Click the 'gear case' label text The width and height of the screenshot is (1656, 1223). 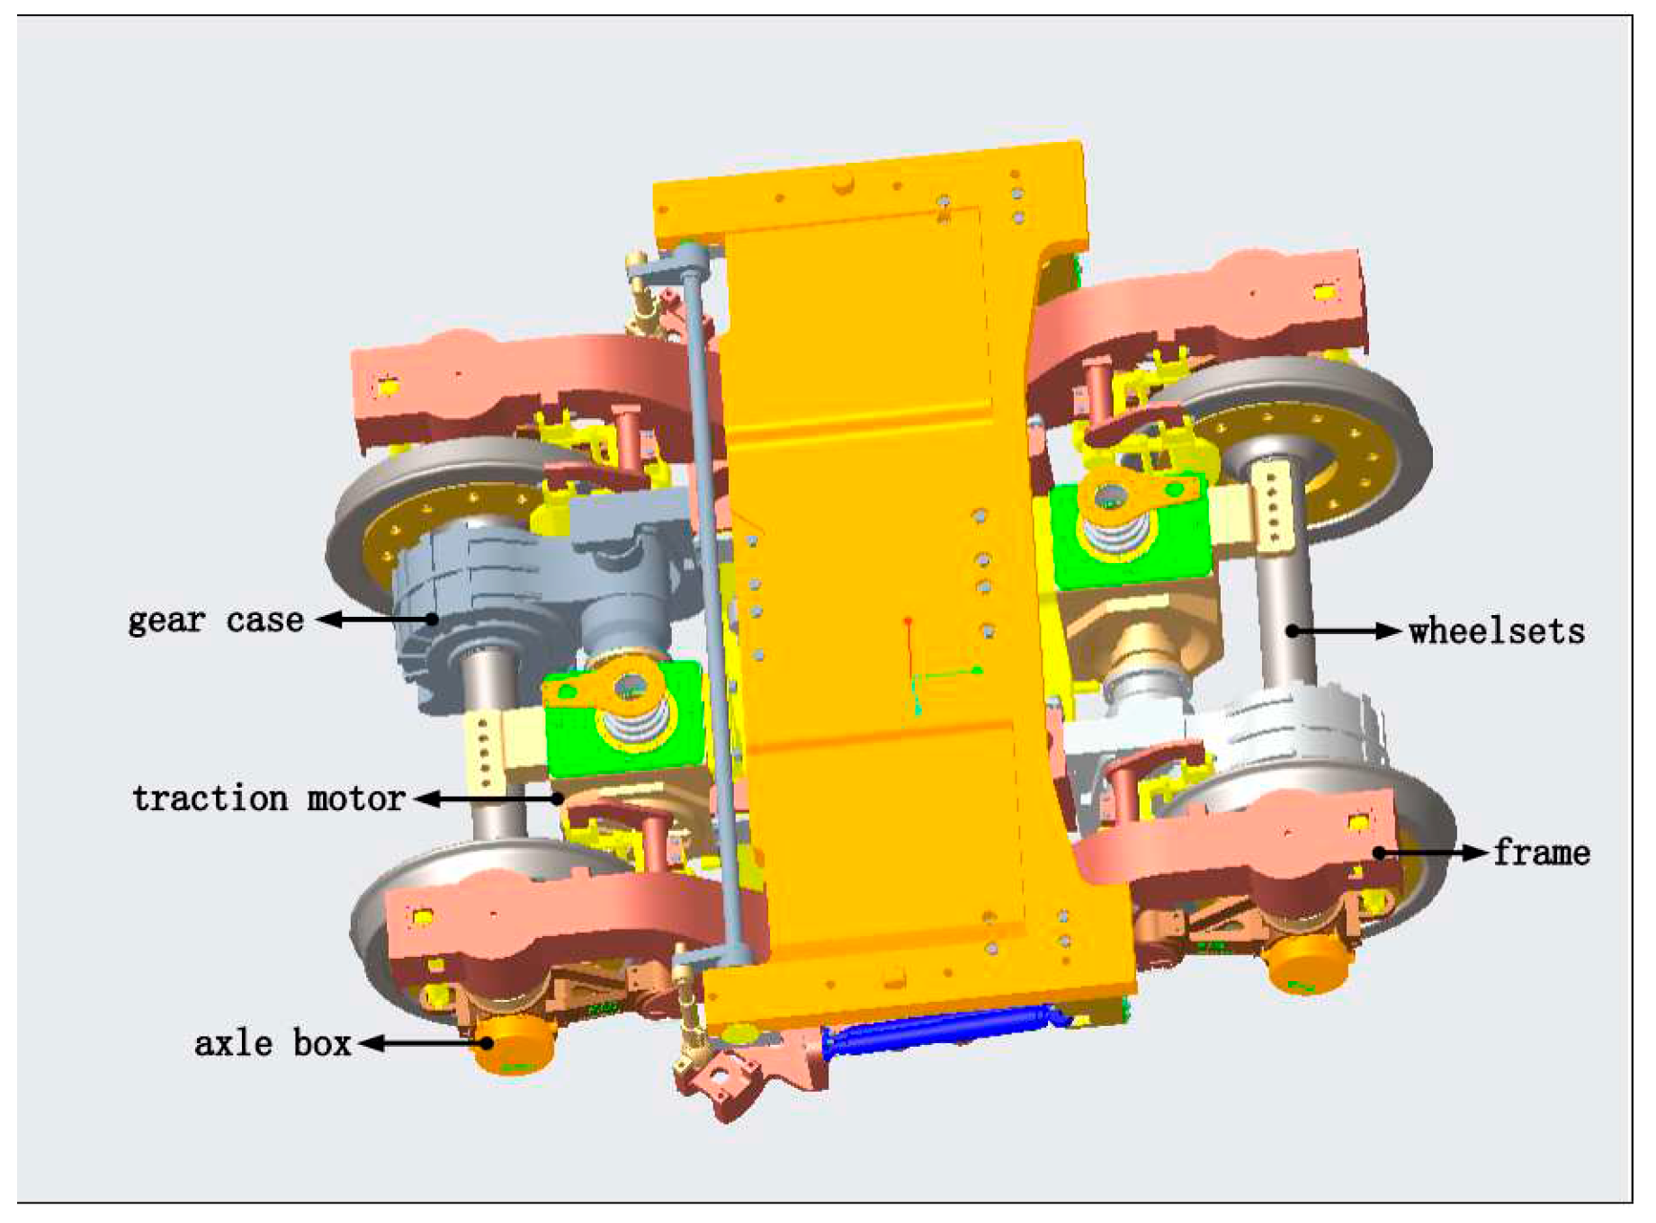pyautogui.click(x=216, y=621)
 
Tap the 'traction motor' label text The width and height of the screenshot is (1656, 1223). pyautogui.click(x=268, y=799)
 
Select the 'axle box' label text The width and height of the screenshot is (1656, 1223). pyautogui.click(x=273, y=1043)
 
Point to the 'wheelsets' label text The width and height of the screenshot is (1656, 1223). pyautogui.click(x=1497, y=631)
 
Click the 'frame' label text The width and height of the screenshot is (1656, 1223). pyautogui.click(x=1542, y=853)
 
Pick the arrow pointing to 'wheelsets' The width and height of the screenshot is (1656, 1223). pyautogui.click(x=1344, y=631)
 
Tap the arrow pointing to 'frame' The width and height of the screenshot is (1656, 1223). pyautogui.click(x=1430, y=853)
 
